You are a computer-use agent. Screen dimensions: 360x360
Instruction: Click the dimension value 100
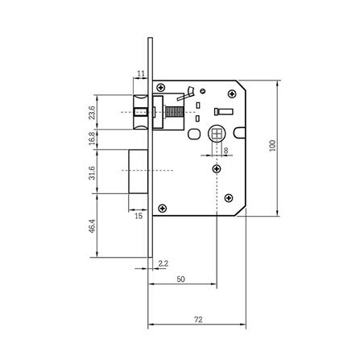[x=272, y=146]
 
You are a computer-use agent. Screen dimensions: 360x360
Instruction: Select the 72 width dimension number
[x=198, y=320]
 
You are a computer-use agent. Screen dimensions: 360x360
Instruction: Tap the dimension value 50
[x=180, y=279]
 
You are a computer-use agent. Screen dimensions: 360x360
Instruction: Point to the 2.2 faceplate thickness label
[x=163, y=263]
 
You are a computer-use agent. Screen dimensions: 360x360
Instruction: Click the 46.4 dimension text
[x=92, y=226]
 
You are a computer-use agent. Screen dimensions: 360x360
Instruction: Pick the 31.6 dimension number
[x=92, y=173]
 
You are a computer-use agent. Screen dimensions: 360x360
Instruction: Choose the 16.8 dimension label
[x=92, y=139]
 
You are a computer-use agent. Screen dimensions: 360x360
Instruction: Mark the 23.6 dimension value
[x=92, y=113]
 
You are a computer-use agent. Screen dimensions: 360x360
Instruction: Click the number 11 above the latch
[x=141, y=73]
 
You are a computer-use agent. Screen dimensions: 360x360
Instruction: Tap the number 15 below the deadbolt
[x=139, y=216]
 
